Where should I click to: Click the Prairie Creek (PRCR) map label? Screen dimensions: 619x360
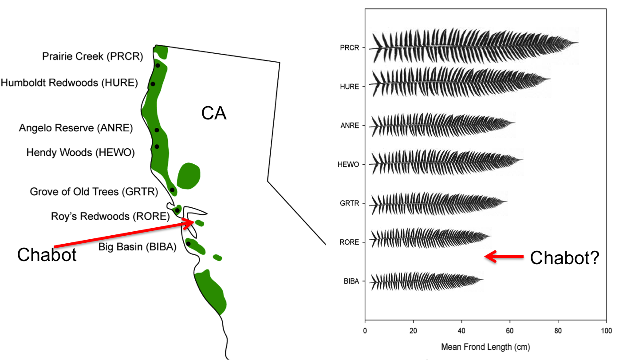[x=93, y=56]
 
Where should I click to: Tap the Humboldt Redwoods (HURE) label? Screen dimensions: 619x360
[x=69, y=83]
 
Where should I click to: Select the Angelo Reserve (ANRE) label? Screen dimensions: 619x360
[x=76, y=128]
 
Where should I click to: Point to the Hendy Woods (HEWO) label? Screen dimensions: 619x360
[x=80, y=152]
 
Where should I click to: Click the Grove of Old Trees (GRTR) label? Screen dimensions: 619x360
[x=94, y=192]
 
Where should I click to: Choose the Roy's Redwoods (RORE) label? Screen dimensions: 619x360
[x=110, y=216]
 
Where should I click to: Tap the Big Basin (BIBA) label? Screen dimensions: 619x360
[x=138, y=247]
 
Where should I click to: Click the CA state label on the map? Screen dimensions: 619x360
[x=214, y=113]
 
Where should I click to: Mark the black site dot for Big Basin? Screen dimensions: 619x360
[x=188, y=244]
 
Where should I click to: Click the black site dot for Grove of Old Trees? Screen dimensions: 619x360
[x=172, y=190]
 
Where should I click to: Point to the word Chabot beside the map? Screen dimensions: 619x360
[x=47, y=255]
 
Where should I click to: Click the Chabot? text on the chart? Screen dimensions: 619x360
[x=564, y=258]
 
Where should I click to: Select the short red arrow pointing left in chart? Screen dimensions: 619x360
[x=504, y=257]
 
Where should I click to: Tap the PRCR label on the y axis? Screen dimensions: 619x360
[x=350, y=48]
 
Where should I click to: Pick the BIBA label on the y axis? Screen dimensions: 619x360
[x=351, y=281]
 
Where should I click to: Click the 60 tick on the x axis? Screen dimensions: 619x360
[x=510, y=331]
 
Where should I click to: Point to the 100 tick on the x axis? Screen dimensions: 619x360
[x=606, y=331]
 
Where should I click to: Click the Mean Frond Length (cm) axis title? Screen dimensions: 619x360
[x=485, y=347]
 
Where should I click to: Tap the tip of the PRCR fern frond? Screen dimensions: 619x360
[x=578, y=43]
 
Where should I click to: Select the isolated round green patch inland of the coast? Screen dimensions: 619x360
[x=189, y=176]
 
